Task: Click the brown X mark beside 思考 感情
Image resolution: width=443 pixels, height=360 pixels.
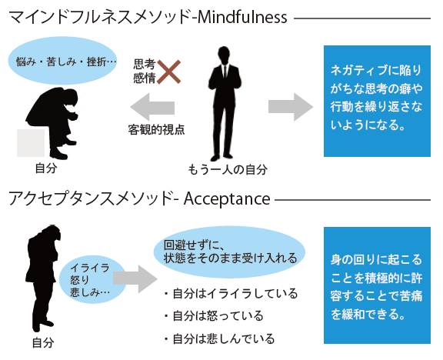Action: [168, 72]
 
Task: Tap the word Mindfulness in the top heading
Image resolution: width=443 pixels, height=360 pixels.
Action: [242, 18]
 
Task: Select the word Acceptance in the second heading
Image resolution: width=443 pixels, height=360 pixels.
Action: [227, 199]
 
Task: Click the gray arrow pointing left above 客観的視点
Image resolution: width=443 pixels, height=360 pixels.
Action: [152, 107]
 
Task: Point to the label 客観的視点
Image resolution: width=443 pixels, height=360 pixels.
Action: [157, 129]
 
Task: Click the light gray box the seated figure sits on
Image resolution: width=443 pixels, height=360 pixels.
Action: [31, 143]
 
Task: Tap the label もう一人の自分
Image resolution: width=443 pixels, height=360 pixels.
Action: [228, 170]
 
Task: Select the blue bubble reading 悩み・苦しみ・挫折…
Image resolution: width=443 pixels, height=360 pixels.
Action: [62, 61]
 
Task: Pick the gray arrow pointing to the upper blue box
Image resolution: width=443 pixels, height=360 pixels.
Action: [291, 107]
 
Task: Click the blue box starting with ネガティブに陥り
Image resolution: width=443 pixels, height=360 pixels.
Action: [377, 101]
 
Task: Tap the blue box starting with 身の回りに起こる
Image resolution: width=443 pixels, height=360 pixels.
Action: [377, 285]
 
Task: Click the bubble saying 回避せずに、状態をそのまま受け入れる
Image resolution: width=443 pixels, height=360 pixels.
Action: [229, 252]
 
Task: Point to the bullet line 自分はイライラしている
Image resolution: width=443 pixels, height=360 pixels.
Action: [231, 294]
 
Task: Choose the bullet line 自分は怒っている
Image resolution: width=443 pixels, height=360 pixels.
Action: [214, 315]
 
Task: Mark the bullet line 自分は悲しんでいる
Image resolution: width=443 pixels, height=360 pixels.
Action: [219, 338]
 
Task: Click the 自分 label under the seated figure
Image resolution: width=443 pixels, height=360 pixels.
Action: [46, 168]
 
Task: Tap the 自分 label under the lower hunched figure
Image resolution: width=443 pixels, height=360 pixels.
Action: [43, 343]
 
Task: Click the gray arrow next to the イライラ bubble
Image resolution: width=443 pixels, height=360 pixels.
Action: [135, 279]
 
